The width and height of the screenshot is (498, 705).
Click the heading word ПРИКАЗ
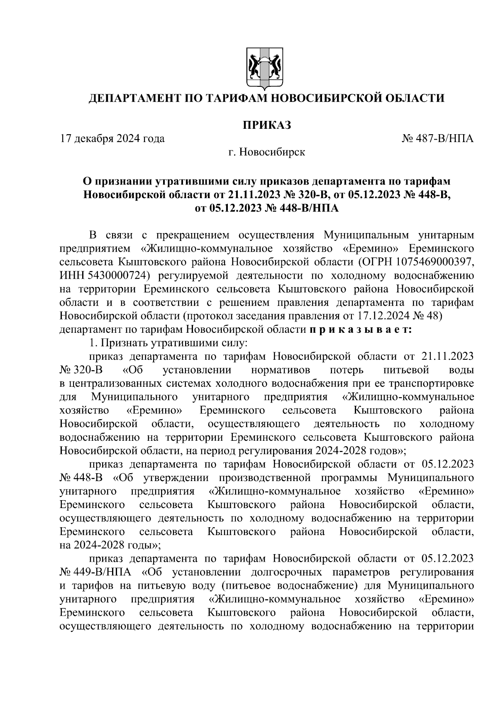point(266,125)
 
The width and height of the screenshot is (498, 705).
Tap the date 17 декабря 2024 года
point(112,138)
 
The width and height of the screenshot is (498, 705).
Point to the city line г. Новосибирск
point(266,152)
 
